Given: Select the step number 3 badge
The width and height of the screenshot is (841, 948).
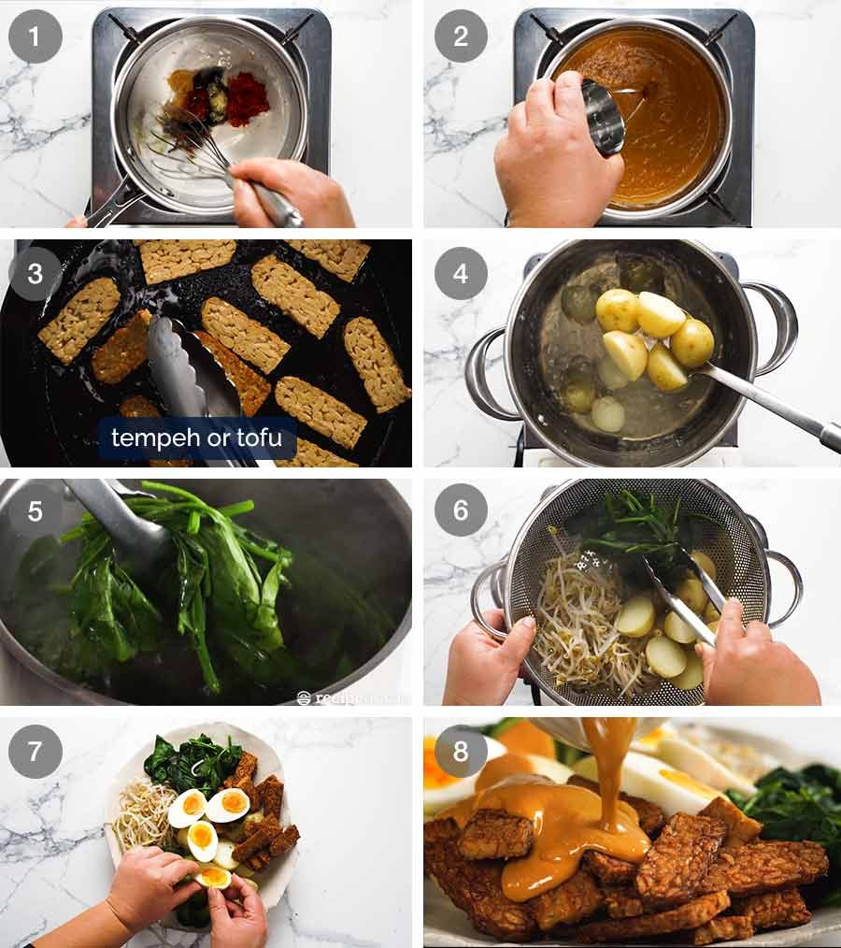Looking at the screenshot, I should [x=36, y=275].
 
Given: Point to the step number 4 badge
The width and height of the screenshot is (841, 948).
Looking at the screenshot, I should [x=461, y=275].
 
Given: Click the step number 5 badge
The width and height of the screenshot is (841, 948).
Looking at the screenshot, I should [x=36, y=510].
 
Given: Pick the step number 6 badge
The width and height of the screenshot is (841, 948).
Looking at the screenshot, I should [x=461, y=510].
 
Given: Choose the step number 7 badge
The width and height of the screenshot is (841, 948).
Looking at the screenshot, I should [x=36, y=751].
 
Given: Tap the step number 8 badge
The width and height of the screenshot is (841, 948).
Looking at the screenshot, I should [x=461, y=751].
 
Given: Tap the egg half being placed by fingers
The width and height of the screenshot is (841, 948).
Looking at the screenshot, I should [x=214, y=876].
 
